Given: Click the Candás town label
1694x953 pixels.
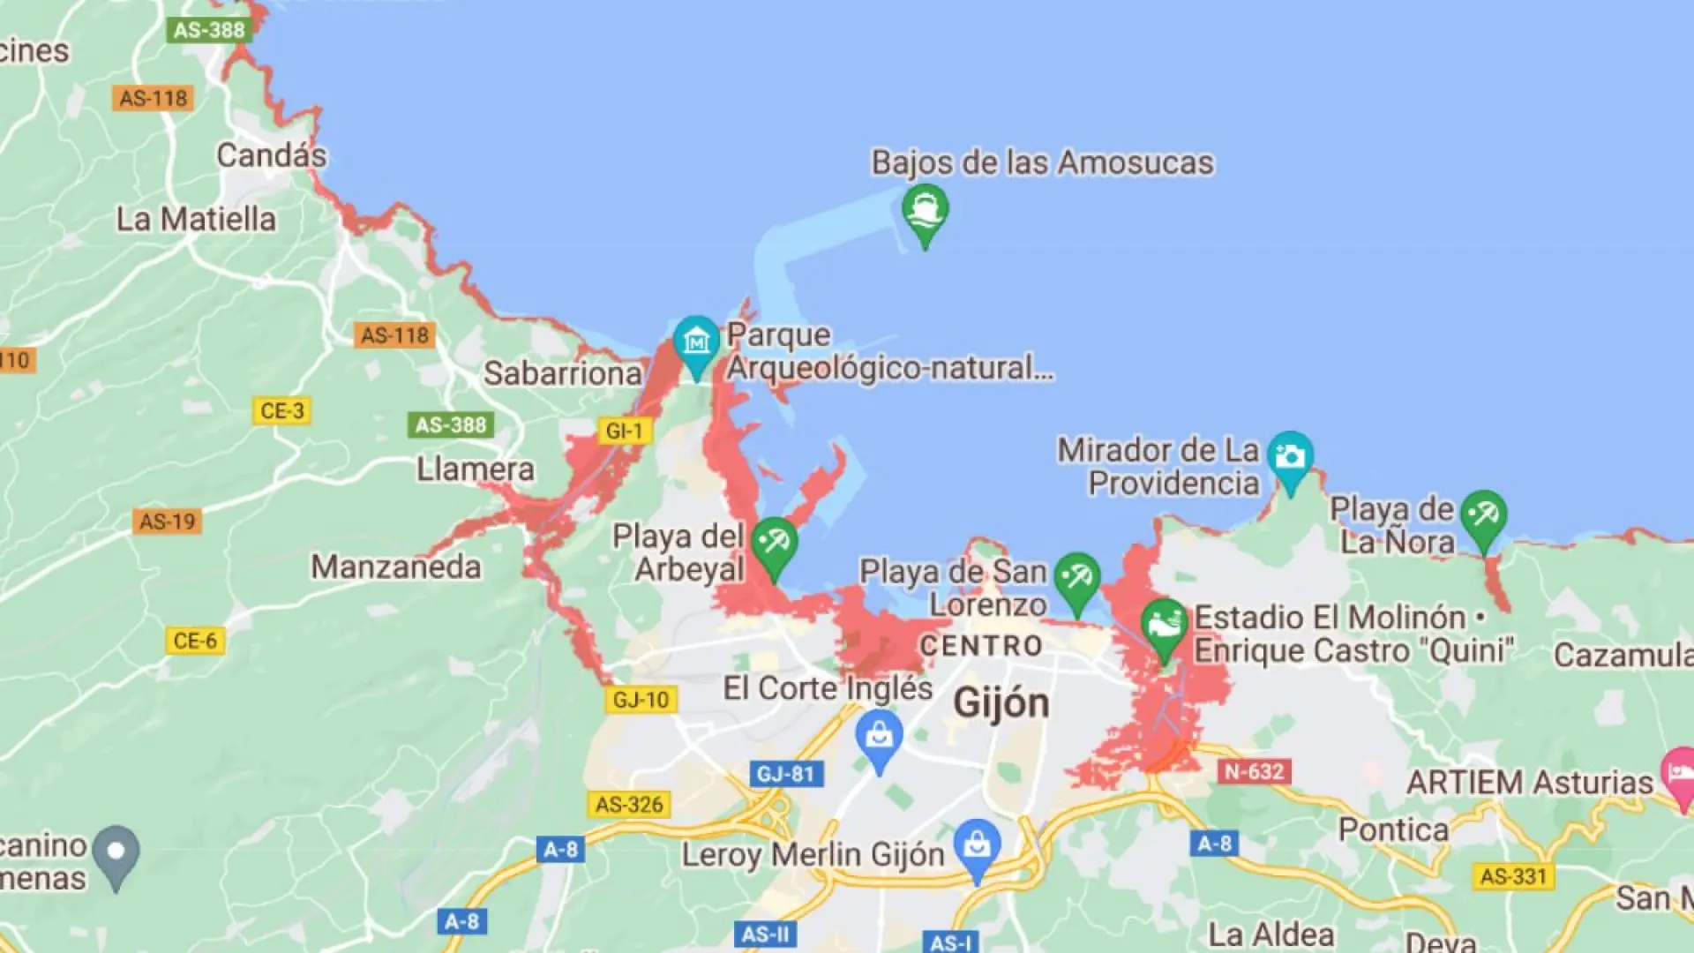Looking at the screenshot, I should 271,156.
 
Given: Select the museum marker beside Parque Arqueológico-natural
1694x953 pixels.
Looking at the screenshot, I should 696,343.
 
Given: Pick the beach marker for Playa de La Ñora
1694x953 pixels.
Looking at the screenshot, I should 1483,517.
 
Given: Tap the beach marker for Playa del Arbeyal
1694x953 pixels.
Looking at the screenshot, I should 775,544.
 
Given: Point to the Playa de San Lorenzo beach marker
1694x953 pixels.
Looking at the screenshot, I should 1076,581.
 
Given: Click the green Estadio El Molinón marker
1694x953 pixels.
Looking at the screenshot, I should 1164,626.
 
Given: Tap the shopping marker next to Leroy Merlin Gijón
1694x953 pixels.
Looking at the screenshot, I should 977,845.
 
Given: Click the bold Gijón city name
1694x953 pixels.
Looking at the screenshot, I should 1001,703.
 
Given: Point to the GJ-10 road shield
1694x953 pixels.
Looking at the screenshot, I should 641,700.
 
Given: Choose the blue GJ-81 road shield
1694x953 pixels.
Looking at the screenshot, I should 786,774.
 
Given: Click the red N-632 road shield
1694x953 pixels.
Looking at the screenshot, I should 1254,771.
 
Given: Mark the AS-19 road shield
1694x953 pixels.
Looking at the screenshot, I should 168,522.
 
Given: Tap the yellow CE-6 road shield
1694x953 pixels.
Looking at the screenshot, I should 195,641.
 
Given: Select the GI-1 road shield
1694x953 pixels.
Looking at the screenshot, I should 625,431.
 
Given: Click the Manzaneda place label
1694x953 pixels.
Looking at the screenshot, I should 396,567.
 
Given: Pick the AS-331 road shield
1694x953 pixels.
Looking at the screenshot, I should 1513,876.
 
